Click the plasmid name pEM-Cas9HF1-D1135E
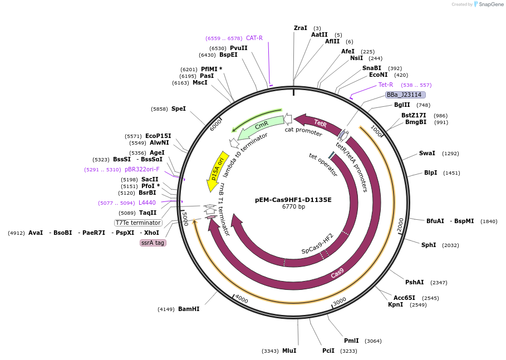(x=293, y=200)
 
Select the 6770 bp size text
(x=293, y=207)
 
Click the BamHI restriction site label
(x=189, y=309)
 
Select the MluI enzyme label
(x=289, y=351)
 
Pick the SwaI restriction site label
(x=427, y=153)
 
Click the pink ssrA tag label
(x=153, y=243)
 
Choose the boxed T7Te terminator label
(x=138, y=223)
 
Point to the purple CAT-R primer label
(x=254, y=38)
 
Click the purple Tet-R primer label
(x=386, y=85)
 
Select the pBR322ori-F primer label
(x=142, y=169)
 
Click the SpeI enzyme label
(x=179, y=109)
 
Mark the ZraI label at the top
(x=300, y=28)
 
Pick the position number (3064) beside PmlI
(x=373, y=341)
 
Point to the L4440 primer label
(x=147, y=203)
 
